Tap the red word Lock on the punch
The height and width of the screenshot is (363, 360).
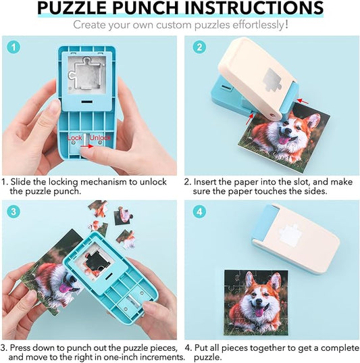(x=74, y=138)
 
